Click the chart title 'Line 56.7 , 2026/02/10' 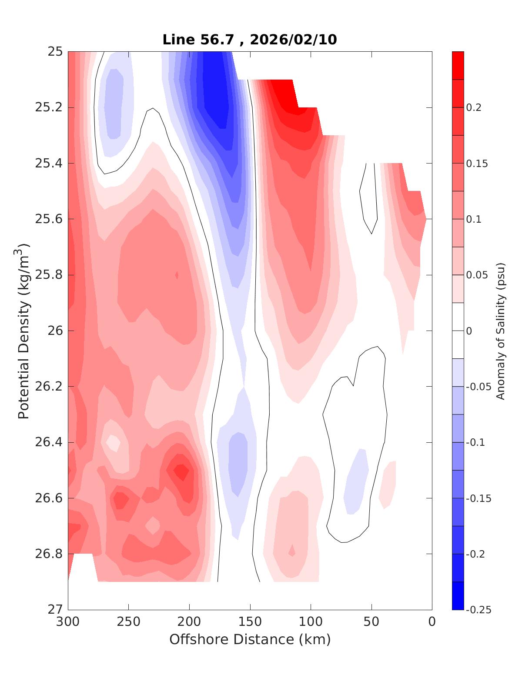tap(250, 40)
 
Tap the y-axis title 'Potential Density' tap(24, 331)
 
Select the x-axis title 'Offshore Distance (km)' tap(250, 640)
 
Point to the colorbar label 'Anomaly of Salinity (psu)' tap(501, 331)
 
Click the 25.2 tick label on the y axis tap(48, 107)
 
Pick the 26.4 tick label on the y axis tap(48, 442)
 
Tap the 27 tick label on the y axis tap(54, 609)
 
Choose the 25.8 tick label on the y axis tap(48, 275)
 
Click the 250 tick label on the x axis tap(129, 622)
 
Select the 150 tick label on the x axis tap(250, 622)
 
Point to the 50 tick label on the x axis tap(371, 622)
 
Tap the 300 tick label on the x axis tap(68, 622)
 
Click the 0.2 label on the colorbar tap(474, 107)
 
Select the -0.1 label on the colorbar tap(475, 442)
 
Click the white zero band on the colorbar tap(458, 331)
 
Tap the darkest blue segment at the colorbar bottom tap(458, 596)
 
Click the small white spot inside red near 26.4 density tap(114, 442)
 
